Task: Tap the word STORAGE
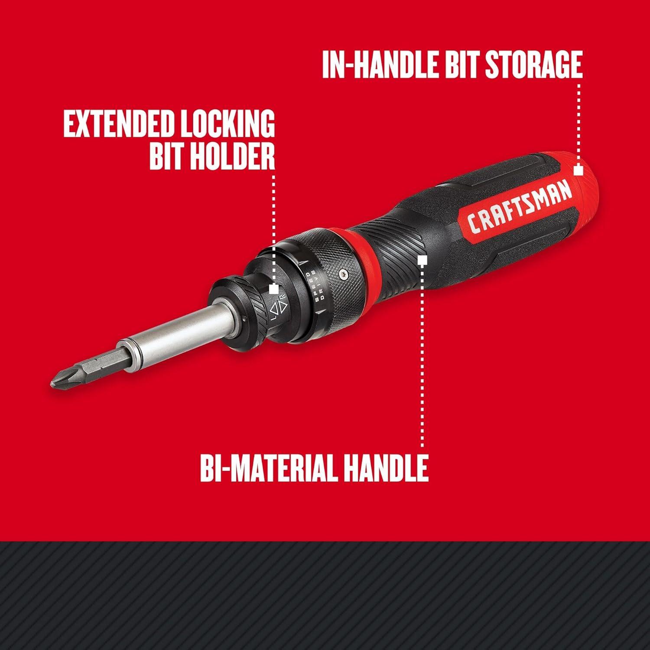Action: point(533,65)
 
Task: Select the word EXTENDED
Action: point(116,124)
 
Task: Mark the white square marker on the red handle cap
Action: point(578,170)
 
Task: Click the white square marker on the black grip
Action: point(423,260)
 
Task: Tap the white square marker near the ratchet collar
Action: point(273,289)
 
